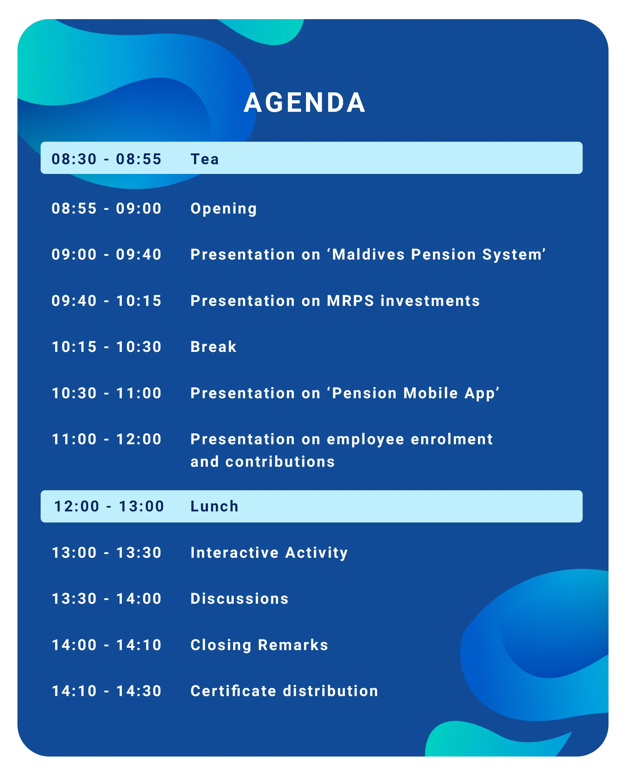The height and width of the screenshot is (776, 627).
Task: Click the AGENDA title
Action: tap(305, 102)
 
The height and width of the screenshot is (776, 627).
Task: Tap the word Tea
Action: tap(205, 159)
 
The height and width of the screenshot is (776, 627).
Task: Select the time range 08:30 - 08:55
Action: tap(106, 159)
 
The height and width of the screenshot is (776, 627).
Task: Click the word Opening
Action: tap(224, 209)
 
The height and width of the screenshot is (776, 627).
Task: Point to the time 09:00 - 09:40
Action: tap(106, 255)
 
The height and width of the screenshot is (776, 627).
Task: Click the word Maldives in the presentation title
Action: tap(368, 255)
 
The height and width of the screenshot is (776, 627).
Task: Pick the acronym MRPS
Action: tap(350, 301)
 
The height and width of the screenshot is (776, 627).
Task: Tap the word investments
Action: tap(430, 301)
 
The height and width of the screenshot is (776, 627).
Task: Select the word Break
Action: tap(214, 347)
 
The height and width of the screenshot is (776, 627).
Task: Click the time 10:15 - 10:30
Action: tap(106, 347)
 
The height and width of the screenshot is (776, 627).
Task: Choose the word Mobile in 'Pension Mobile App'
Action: tap(431, 393)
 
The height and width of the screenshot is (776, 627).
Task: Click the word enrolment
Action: tap(451, 440)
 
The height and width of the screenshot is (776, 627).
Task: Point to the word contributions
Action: tap(280, 462)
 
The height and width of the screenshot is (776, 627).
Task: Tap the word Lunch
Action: tap(215, 507)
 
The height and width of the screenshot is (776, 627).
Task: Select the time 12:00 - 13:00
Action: tap(109, 507)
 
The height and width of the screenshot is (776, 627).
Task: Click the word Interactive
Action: tap(235, 553)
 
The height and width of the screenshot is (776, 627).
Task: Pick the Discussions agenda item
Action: tap(239, 599)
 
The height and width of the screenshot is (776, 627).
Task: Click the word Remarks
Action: tap(293, 645)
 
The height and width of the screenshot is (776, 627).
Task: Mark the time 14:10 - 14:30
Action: tap(106, 691)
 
